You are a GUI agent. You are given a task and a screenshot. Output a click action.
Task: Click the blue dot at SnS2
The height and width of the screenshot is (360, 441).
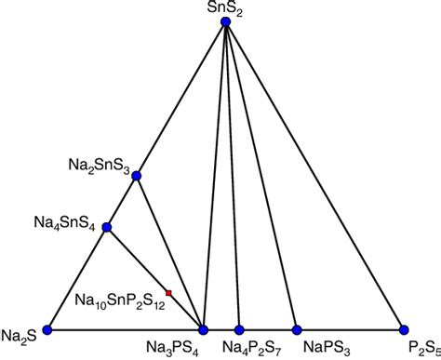pos(226,24)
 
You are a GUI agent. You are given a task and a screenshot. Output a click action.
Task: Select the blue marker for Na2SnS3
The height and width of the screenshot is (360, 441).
pos(137,175)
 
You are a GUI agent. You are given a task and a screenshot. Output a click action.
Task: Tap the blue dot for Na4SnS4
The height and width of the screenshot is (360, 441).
pos(107,227)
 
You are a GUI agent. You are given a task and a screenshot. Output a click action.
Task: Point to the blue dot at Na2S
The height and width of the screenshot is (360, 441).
pos(47,329)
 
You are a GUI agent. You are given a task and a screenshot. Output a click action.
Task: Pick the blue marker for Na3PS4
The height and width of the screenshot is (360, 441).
pos(204,329)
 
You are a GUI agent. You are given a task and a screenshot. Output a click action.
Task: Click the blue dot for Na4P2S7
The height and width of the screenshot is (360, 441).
pos(239,329)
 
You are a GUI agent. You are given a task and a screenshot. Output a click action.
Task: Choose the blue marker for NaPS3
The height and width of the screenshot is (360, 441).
pos(297,329)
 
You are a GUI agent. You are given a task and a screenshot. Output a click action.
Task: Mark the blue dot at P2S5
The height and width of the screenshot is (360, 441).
pos(404,329)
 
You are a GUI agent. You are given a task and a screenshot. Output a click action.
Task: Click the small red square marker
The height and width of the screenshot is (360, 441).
pos(168,292)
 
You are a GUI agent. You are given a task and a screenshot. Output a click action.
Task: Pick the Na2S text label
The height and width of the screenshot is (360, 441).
pos(19,336)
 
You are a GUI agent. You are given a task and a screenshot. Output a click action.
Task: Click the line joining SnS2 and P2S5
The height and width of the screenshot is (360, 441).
pos(314,177)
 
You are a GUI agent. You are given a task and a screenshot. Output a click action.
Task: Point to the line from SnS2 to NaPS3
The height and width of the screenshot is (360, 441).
pos(261,177)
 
